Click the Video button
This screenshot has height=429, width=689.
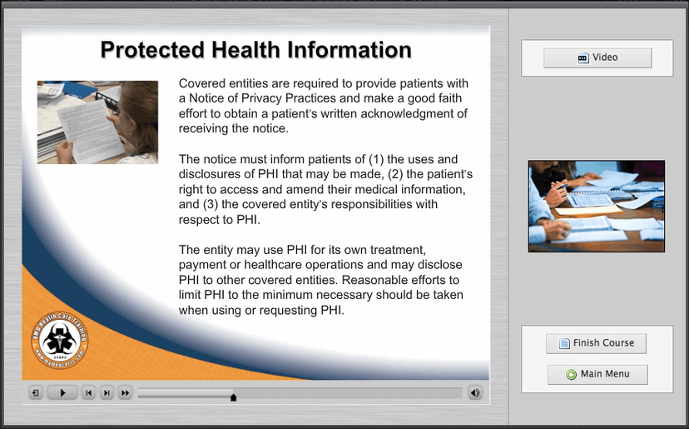597,57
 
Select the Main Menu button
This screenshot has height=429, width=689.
597,374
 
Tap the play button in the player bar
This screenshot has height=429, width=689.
62,392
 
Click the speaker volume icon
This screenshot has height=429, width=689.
474,392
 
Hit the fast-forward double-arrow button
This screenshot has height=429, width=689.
125,392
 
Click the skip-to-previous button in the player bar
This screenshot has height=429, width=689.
88,392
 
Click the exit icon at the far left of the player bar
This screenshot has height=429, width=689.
36,392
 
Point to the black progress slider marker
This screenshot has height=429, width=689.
233,397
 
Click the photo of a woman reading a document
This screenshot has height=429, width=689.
97,122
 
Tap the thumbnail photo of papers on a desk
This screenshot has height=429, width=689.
596,206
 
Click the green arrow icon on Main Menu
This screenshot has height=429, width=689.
571,375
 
